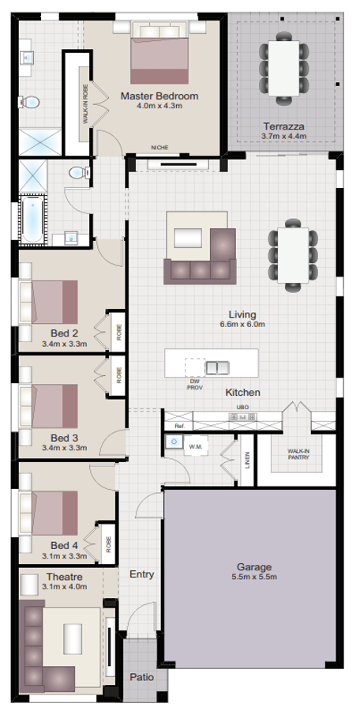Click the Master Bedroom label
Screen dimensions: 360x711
(159, 96)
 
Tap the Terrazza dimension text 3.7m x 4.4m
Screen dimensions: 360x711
(284, 136)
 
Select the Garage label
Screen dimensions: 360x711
(254, 566)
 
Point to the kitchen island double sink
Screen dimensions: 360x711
(217, 367)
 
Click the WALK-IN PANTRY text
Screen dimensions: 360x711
(298, 454)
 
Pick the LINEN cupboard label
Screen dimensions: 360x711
(247, 461)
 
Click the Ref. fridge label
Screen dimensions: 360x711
(178, 427)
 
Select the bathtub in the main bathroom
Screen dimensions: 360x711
(32, 220)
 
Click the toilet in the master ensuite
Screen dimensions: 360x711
(30, 102)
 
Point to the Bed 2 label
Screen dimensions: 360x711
(64, 333)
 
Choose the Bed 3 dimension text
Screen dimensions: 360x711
(64, 448)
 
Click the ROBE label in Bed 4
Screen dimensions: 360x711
(108, 544)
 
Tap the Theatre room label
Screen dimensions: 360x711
(65, 577)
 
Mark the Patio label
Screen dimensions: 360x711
(142, 678)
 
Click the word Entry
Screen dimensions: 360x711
(142, 574)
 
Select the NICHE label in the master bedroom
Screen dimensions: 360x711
(159, 148)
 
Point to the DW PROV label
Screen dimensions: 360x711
(194, 385)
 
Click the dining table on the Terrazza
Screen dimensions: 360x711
(284, 68)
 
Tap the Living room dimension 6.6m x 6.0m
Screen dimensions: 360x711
(242, 324)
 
